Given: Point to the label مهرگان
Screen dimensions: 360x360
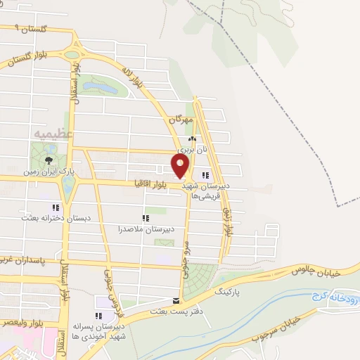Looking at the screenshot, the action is [180, 120].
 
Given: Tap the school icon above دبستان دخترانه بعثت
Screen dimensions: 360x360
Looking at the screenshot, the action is [55, 208].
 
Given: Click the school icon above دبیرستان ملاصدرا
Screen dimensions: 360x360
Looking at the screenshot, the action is [146, 219].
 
